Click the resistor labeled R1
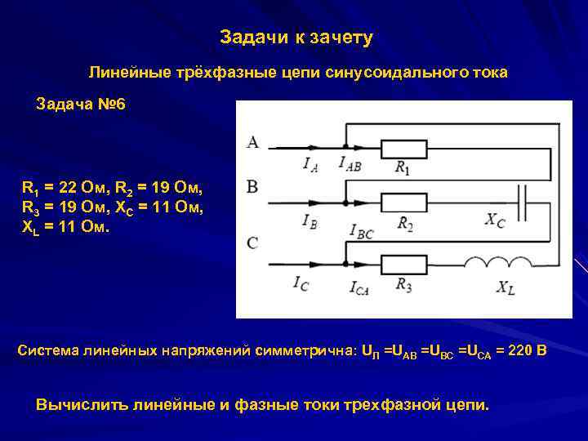404,149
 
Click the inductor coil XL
499,262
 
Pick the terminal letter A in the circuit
252,143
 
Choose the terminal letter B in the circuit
252,187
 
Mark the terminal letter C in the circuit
252,243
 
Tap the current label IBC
362,232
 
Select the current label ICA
359,286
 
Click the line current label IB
310,221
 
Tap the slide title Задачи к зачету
296,38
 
